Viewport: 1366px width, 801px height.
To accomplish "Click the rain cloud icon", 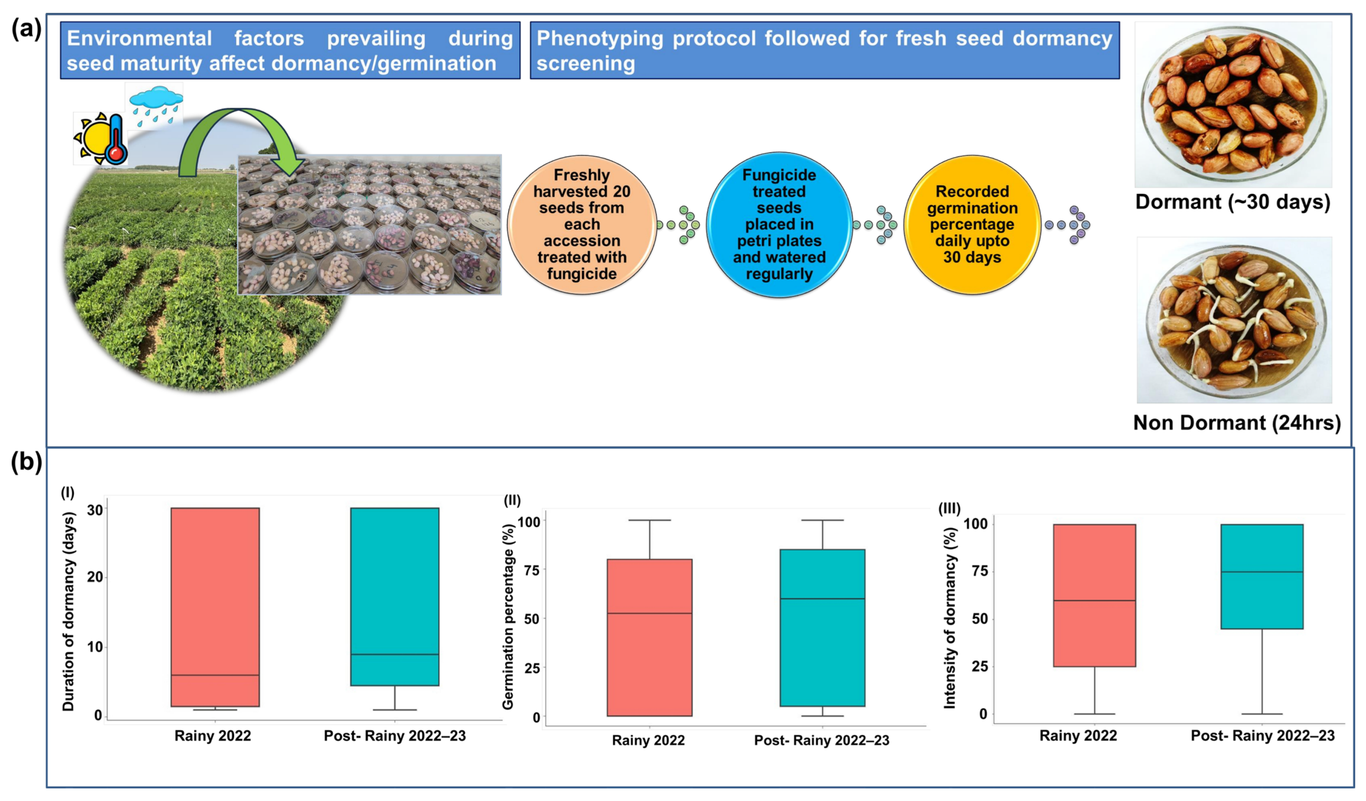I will pos(156,106).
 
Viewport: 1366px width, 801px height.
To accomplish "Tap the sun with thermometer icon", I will pos(101,139).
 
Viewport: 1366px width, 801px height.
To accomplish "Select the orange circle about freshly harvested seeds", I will pos(582,224).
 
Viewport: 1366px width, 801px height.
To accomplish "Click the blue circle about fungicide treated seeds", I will pos(779,224).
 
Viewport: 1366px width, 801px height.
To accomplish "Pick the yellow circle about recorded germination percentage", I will pos(972,224).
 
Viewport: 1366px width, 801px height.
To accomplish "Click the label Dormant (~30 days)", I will pos(1233,202).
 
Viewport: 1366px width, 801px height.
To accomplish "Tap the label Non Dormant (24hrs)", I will pos(1237,423).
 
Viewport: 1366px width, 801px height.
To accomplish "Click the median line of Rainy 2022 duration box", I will pos(215,675).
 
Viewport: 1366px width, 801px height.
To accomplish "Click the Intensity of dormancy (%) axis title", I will pos(950,617).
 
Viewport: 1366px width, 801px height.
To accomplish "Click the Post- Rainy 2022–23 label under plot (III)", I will pos(1262,736).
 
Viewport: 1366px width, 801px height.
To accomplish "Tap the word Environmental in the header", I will pos(139,38).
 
